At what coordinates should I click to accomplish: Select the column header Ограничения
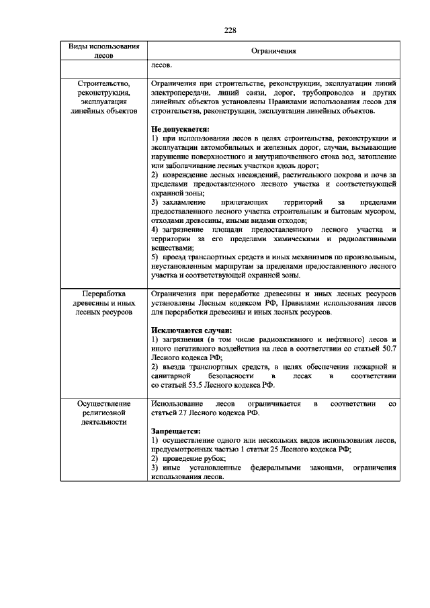(x=273, y=51)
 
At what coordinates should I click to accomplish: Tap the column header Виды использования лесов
(x=105, y=51)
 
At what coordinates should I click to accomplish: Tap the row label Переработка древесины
(x=105, y=304)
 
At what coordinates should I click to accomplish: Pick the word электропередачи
(x=180, y=91)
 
